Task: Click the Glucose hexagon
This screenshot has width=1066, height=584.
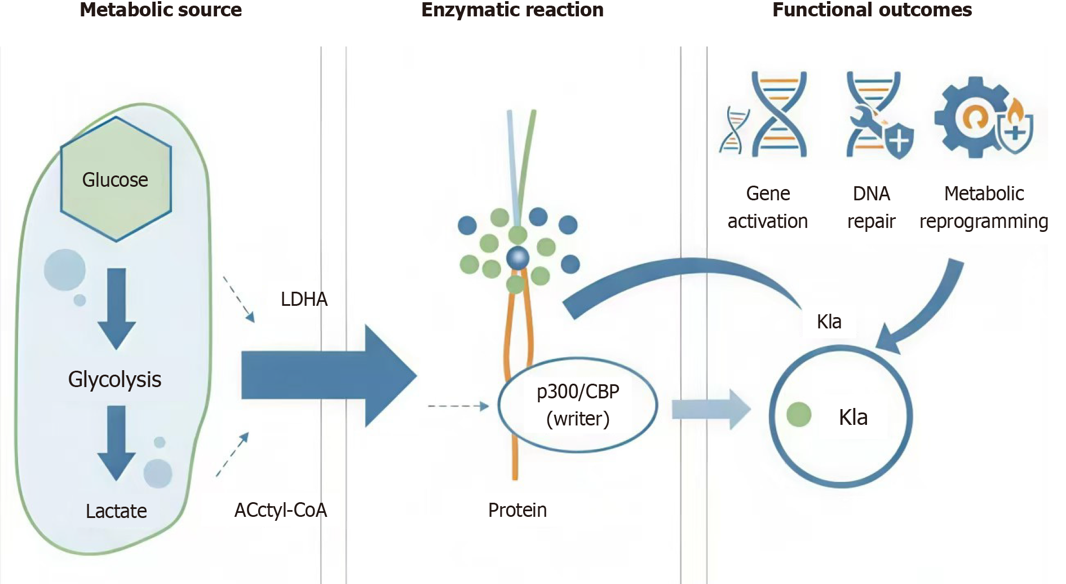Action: [x=116, y=179]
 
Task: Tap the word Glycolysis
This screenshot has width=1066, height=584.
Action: [x=114, y=379]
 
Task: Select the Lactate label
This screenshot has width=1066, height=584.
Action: [x=116, y=511]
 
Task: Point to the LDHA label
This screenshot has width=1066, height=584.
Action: [x=304, y=299]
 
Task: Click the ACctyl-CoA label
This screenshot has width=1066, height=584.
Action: [x=281, y=510]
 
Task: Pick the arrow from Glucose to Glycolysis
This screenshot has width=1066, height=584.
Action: [x=117, y=308]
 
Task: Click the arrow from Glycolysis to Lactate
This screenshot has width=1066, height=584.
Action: [x=117, y=442]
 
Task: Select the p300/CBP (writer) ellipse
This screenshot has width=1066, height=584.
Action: [x=578, y=405]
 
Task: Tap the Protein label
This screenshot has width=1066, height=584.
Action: [x=517, y=510]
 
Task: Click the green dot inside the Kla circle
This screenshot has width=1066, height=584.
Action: [x=799, y=415]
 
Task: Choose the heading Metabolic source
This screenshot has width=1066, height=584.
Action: [x=161, y=10]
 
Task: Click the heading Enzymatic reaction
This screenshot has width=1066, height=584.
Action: [x=512, y=10]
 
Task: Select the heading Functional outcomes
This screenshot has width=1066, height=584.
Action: [x=872, y=10]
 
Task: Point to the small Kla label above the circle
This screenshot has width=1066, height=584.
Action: [x=829, y=322]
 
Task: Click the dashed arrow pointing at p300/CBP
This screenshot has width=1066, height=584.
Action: [x=458, y=406]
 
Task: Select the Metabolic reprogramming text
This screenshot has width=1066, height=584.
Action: [x=984, y=207]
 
